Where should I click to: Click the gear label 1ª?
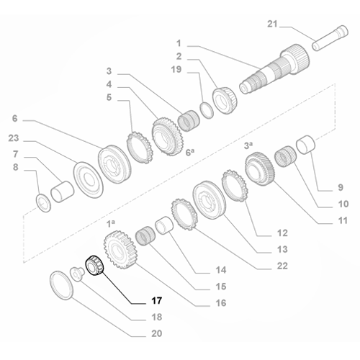pos(112,225)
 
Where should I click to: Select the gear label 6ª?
pos(191,152)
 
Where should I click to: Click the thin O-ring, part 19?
pos(206,109)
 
